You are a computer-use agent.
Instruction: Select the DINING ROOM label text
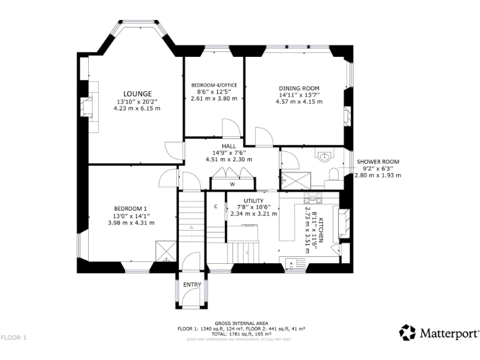pyautogui.click(x=299, y=87)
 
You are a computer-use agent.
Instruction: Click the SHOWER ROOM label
pyautogui.click(x=377, y=162)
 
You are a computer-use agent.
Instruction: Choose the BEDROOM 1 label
pyautogui.click(x=131, y=208)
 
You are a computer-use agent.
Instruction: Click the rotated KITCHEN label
pyautogui.click(x=321, y=231)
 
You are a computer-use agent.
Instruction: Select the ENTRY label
pyautogui.click(x=192, y=285)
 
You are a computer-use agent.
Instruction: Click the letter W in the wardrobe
pyautogui.click(x=231, y=184)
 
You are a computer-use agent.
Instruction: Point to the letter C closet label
pyautogui.click(x=216, y=206)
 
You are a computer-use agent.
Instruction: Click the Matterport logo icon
pyautogui.click(x=407, y=332)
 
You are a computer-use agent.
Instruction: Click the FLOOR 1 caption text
pyautogui.click(x=14, y=337)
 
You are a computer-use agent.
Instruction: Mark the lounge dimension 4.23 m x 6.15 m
pyautogui.click(x=137, y=108)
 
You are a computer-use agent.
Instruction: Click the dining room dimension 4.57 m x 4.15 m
pyautogui.click(x=299, y=101)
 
